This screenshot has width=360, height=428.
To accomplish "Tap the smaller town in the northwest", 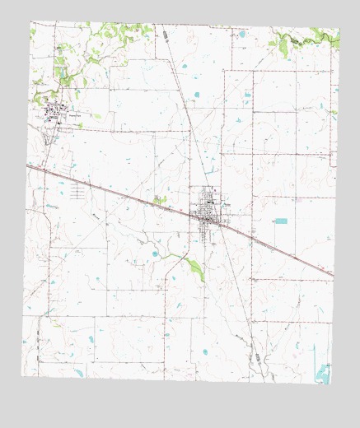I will [54, 112].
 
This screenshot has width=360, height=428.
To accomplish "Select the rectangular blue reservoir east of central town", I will [282, 221].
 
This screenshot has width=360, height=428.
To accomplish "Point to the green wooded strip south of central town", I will [195, 267].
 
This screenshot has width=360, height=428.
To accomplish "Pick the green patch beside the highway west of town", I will [159, 199].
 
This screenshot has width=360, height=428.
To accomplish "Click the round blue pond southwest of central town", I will [154, 254].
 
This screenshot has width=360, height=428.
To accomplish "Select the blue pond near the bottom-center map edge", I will [205, 351].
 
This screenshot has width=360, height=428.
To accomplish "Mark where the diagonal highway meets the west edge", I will [26, 165].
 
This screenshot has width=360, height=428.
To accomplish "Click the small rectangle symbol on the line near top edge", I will [164, 35].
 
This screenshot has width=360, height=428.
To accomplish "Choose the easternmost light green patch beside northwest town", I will [97, 117].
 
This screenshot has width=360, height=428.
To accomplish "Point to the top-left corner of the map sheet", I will [30, 22].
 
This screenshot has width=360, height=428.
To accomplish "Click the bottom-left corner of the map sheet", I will [21, 376].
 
